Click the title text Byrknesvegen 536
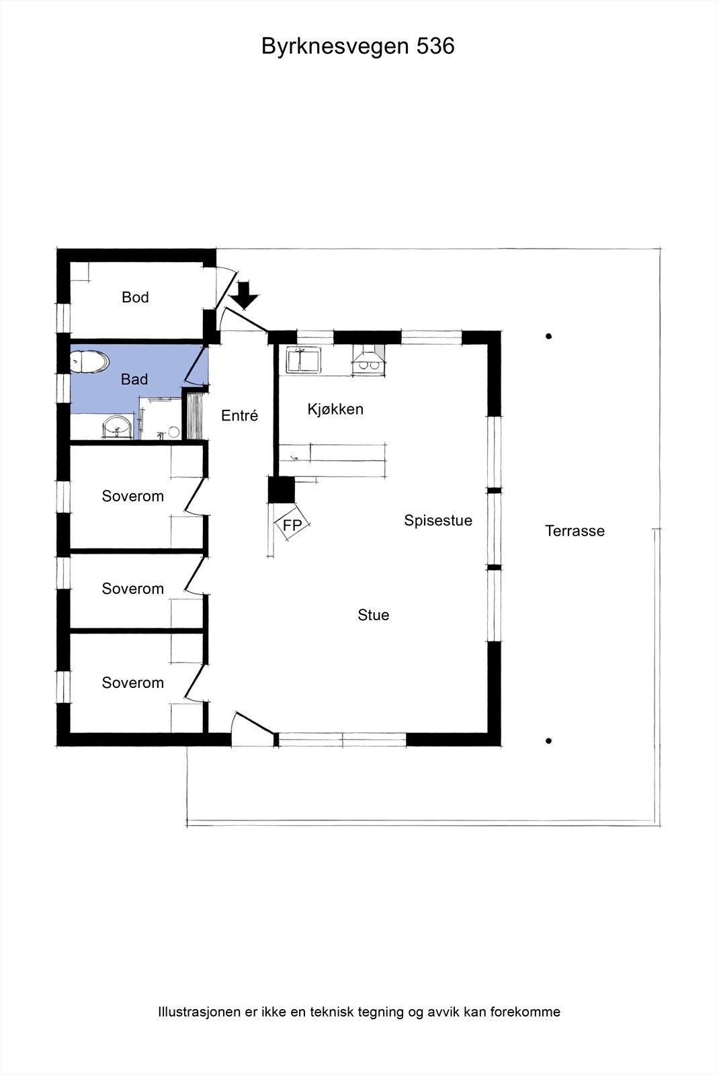[357, 46]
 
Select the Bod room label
[135, 297]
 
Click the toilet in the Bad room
[89, 361]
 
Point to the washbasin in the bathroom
[118, 427]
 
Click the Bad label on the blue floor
[134, 379]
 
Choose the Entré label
[239, 415]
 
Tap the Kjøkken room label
[335, 409]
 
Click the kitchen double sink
[303, 360]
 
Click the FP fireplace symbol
[292, 523]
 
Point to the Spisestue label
[438, 521]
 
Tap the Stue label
[374, 615]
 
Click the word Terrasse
[575, 531]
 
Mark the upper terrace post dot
[548, 337]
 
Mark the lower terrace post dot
[548, 741]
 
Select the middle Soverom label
[133, 589]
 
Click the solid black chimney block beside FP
[282, 490]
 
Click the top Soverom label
[133, 496]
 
